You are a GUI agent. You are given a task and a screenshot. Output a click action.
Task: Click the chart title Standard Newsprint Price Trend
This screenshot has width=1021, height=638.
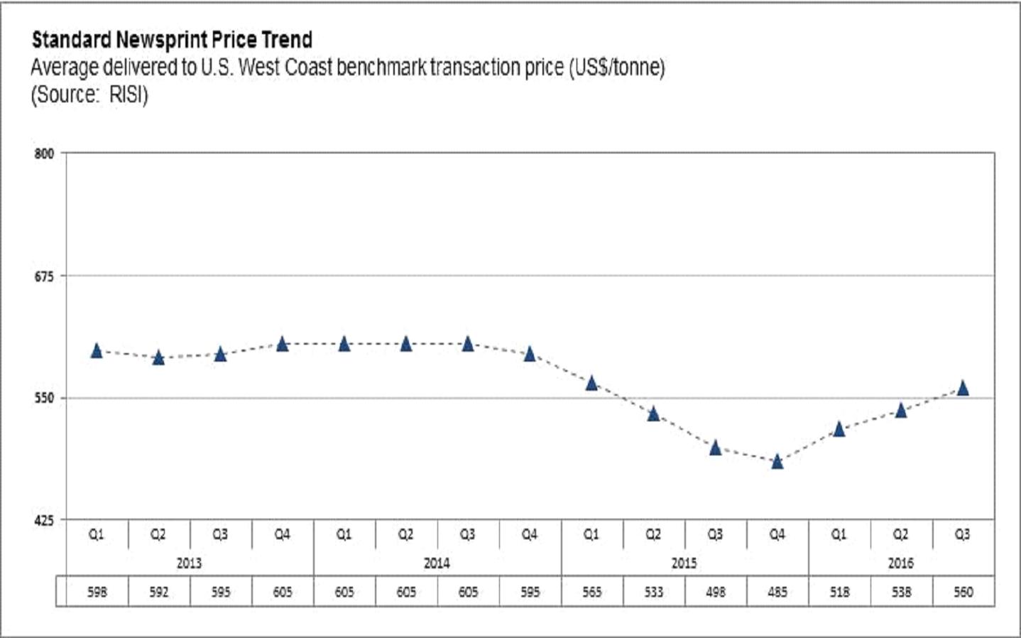pyautogui.click(x=172, y=40)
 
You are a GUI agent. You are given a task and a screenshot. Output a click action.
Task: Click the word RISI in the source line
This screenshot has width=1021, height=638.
pyautogui.click(x=127, y=95)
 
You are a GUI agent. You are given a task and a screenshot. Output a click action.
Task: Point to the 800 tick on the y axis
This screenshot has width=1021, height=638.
pyautogui.click(x=44, y=153)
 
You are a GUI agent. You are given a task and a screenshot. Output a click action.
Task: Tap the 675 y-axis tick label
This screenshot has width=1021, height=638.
pyautogui.click(x=44, y=276)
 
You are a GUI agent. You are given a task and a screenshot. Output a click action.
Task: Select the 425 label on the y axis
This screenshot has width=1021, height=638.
pyautogui.click(x=44, y=521)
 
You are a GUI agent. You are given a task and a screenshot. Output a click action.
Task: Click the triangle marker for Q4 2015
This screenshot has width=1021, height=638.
pyautogui.click(x=777, y=462)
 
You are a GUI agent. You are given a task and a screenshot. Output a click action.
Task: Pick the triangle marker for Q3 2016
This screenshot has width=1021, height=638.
pyautogui.click(x=963, y=388)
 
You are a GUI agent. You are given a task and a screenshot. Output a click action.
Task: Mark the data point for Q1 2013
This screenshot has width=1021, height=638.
pyautogui.click(x=97, y=350)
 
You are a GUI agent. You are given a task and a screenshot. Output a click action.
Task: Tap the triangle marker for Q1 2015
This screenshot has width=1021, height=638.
pyautogui.click(x=591, y=384)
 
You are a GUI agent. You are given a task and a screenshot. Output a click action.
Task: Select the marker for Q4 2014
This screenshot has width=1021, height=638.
pyautogui.click(x=530, y=354)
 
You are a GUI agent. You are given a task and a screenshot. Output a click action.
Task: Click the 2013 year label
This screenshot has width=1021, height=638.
pyautogui.click(x=189, y=563)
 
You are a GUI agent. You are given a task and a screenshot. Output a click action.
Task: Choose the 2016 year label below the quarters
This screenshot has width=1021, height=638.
pyautogui.click(x=900, y=563)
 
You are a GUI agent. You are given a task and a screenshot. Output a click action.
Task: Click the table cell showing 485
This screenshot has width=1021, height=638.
pyautogui.click(x=777, y=592)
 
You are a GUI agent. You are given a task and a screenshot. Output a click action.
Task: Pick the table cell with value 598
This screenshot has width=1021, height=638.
pyautogui.click(x=97, y=592)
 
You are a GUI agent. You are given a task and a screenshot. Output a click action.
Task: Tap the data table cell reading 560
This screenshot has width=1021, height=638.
pyautogui.click(x=963, y=592)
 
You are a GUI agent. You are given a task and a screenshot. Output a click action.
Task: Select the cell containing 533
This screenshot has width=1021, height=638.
pyautogui.click(x=654, y=592)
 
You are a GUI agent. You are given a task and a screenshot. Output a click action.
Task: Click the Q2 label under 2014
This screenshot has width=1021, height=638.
pyautogui.click(x=405, y=534)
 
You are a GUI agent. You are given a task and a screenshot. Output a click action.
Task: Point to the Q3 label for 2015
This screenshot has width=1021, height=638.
pyautogui.click(x=715, y=534)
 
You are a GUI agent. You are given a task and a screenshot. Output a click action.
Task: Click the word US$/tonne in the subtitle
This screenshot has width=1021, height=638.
pyautogui.click(x=616, y=68)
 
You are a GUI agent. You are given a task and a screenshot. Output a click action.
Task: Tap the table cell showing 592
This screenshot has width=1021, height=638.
pyautogui.click(x=159, y=592)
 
